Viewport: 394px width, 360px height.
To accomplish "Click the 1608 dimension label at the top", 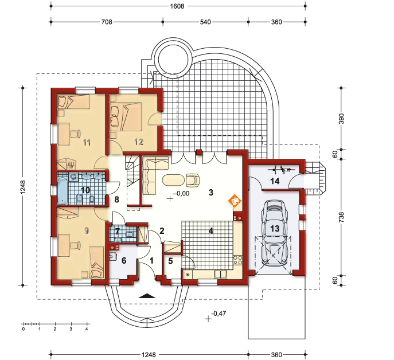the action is [x=177, y=6].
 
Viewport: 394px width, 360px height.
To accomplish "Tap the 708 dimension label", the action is [x=107, y=22].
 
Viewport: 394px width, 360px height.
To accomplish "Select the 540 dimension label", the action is [x=205, y=22].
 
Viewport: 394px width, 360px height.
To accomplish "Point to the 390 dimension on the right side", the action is [x=341, y=119].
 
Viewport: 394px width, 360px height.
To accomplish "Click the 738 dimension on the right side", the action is [x=341, y=217].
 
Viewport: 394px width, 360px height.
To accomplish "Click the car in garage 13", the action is [x=274, y=233].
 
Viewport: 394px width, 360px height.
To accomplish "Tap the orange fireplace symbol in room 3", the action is [x=235, y=201].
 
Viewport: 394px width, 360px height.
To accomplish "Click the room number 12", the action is [x=139, y=142].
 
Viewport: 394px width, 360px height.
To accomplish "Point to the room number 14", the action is [x=275, y=181].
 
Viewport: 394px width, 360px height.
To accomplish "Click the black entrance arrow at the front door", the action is [x=147, y=296].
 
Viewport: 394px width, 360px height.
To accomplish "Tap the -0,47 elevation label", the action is [x=219, y=314].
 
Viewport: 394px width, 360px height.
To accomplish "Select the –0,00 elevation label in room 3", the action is [x=181, y=193].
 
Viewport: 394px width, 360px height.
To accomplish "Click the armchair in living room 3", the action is [x=193, y=180].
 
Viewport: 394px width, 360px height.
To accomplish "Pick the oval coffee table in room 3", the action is [x=173, y=180].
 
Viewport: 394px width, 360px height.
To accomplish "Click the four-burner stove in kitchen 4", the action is [x=237, y=260].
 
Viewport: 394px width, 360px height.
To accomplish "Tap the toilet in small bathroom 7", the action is [x=129, y=234].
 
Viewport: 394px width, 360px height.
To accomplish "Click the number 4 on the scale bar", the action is [x=87, y=329].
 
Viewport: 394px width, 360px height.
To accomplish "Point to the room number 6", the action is [x=124, y=260].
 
